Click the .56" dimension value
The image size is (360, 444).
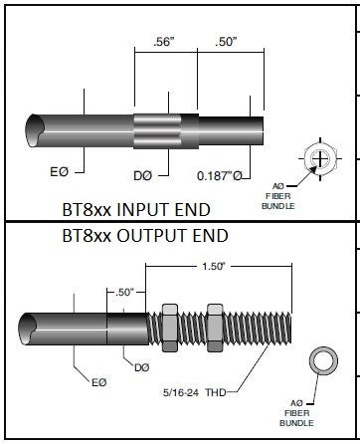[x=164, y=42]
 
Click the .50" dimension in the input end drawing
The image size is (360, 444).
[x=227, y=42]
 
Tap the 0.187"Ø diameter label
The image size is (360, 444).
[x=220, y=175]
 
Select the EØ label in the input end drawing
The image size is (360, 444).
[x=60, y=172]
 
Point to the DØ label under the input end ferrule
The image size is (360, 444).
[x=143, y=175]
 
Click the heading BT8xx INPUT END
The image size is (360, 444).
[x=136, y=210]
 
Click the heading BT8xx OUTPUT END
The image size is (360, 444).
[x=145, y=236]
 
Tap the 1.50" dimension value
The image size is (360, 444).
[x=214, y=266]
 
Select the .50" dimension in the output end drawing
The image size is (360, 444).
[x=124, y=293]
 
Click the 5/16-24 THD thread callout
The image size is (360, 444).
[x=194, y=392]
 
